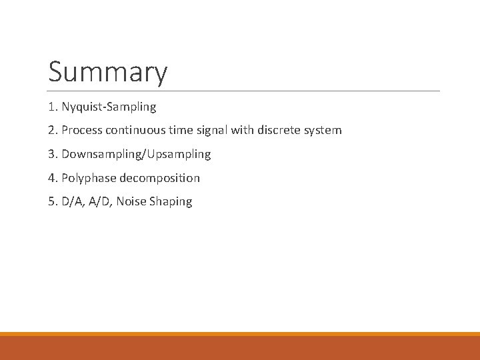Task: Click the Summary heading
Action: click(x=108, y=72)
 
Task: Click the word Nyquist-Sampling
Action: click(x=109, y=107)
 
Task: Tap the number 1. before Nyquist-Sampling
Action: click(x=53, y=107)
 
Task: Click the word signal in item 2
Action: click(x=213, y=131)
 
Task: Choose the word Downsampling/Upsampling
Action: click(x=136, y=155)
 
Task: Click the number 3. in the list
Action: click(x=53, y=155)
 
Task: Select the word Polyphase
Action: click(x=89, y=179)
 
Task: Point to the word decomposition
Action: click(x=159, y=179)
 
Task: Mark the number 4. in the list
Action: click(x=53, y=179)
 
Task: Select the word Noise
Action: click(x=130, y=202)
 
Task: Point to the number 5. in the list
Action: click(x=53, y=202)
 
